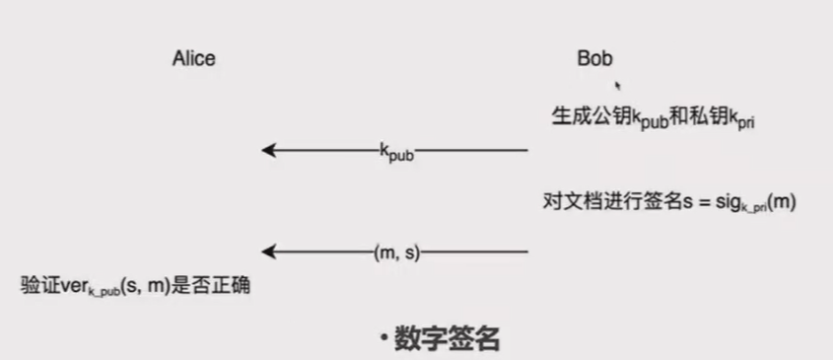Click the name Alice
point(193,59)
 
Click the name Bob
point(594,58)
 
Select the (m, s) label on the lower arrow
point(397,252)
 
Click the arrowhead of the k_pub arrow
point(267,150)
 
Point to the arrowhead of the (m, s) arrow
point(267,252)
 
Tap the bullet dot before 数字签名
point(382,340)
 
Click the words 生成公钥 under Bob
point(583,115)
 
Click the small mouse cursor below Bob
point(617,85)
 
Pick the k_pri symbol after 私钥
point(740,118)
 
